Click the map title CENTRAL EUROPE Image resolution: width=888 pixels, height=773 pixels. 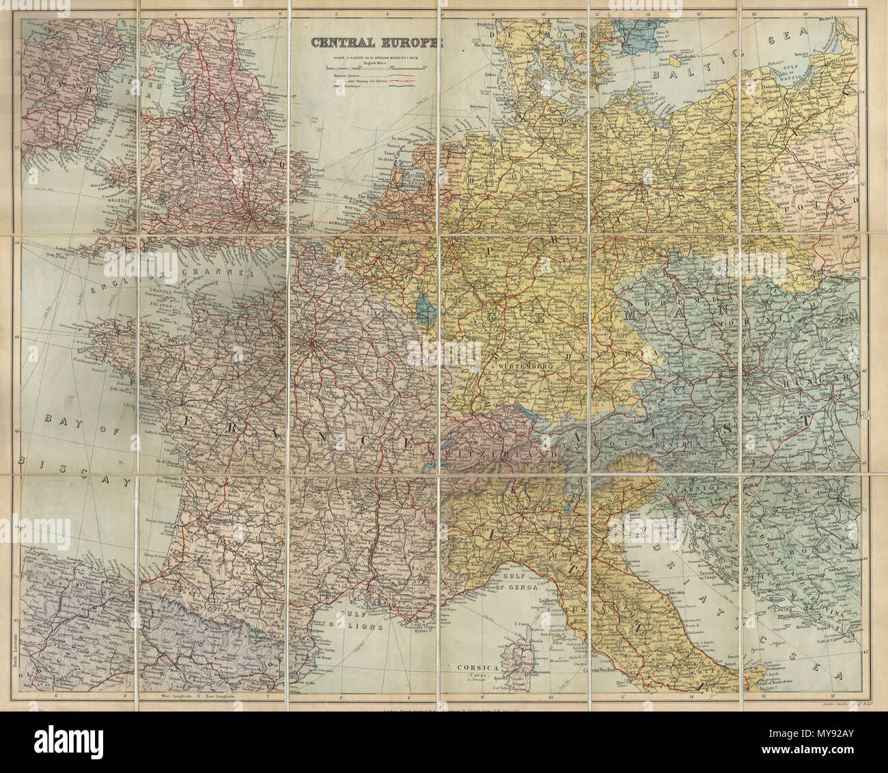click(x=376, y=42)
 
